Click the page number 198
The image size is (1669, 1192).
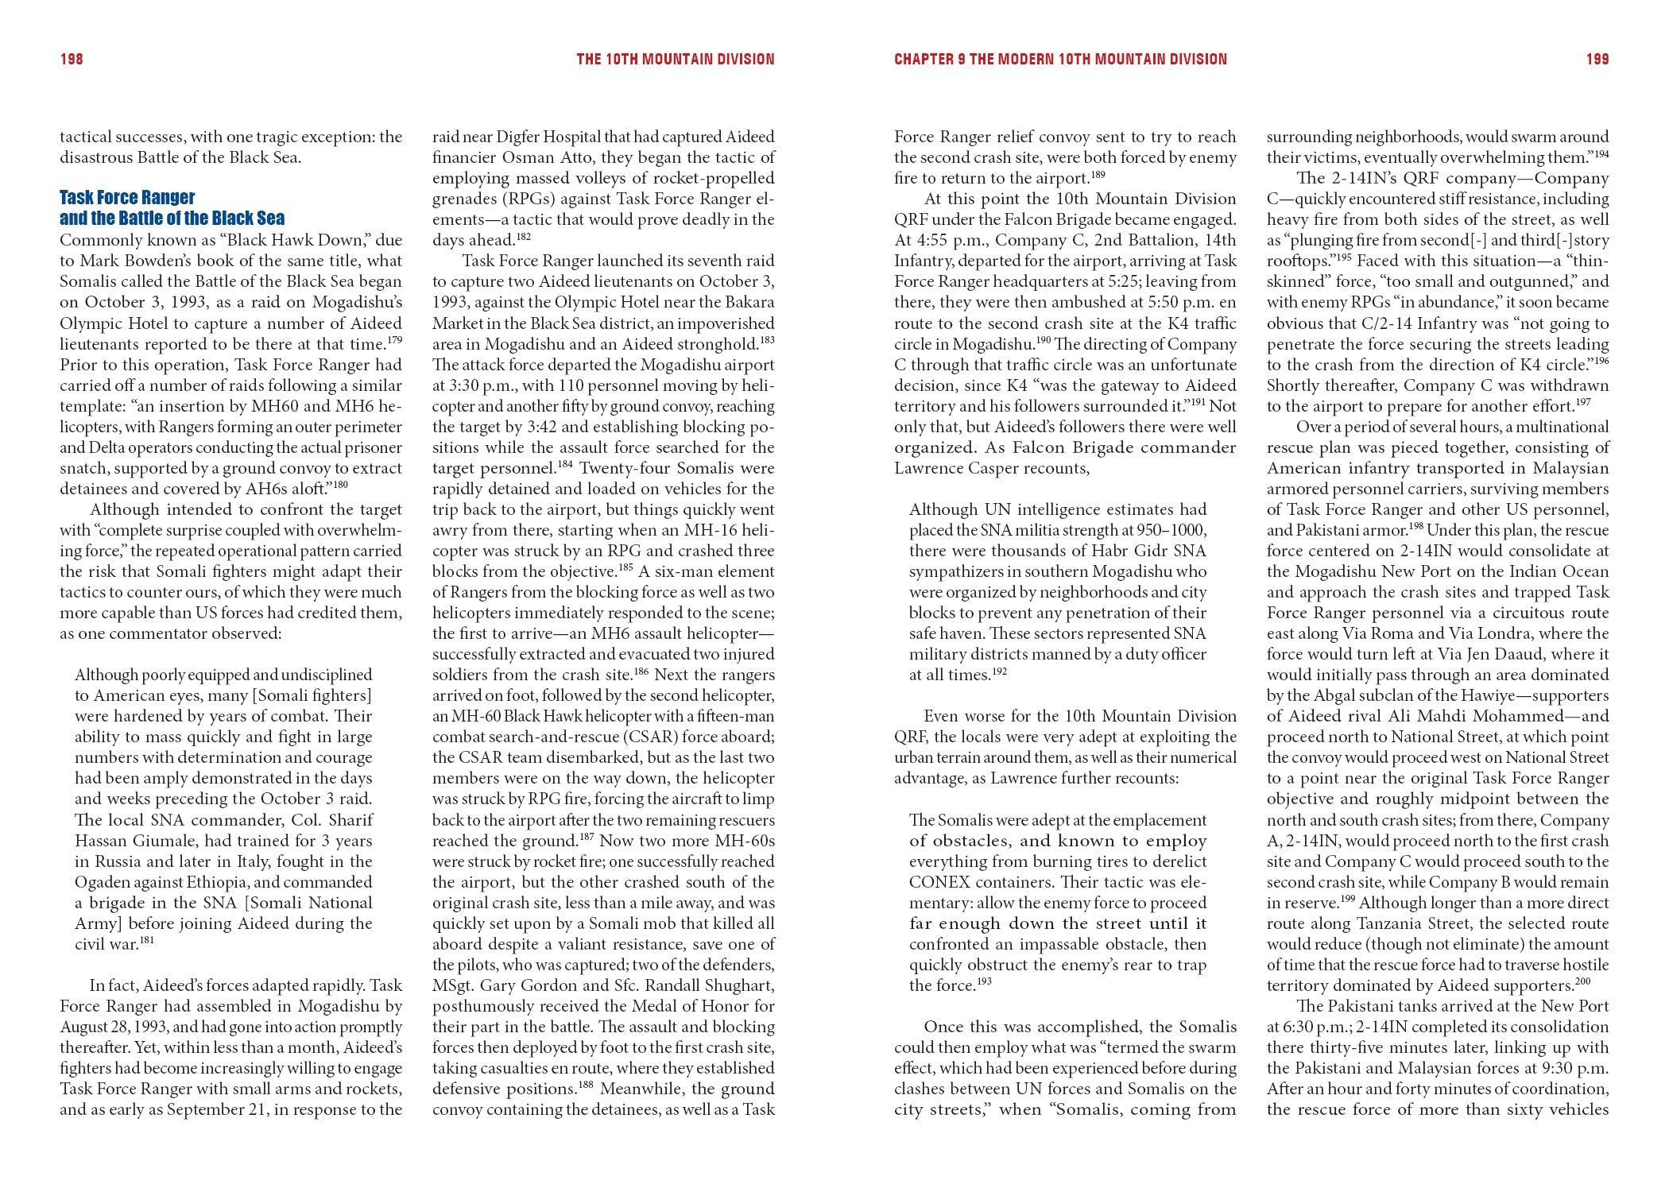[72, 59]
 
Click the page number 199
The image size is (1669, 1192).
[1597, 59]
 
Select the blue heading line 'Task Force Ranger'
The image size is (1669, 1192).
[127, 197]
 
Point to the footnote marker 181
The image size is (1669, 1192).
[146, 940]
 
